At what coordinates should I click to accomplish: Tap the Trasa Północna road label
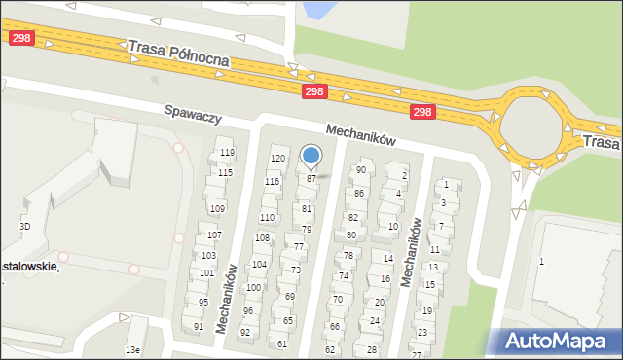tap(178, 53)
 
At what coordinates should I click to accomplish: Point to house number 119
tap(227, 153)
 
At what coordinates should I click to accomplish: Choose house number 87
tap(311, 179)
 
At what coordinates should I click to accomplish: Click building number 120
tap(277, 158)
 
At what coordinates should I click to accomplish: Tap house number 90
tap(360, 170)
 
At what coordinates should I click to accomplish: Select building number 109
tap(217, 209)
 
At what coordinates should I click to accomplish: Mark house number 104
tap(259, 264)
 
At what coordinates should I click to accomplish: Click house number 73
tap(295, 270)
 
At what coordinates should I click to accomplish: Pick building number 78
tap(348, 256)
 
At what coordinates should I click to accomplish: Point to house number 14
tap(387, 258)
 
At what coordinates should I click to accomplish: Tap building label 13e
tap(132, 349)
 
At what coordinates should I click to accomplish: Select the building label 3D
tap(25, 227)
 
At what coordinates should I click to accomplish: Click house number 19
tap(426, 311)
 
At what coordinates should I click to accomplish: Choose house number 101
tap(205, 272)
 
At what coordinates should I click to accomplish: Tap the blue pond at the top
tap(315, 11)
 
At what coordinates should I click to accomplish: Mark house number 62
tap(330, 349)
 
